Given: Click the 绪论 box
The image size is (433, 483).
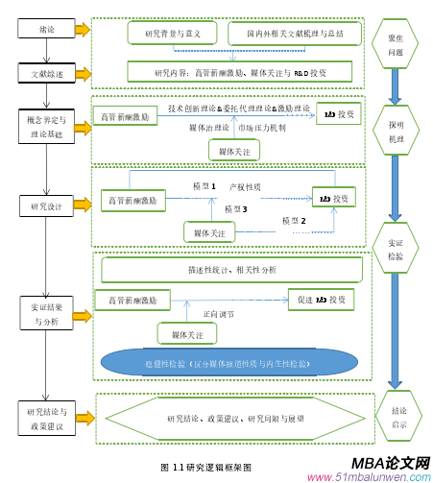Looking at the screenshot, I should point(46,30).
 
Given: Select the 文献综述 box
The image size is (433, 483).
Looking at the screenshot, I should point(46,72).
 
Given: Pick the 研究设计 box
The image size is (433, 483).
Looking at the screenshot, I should point(45,205).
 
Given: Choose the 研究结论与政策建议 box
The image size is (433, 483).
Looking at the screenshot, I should point(45,418).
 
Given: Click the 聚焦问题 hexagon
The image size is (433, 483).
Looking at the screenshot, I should point(395,44).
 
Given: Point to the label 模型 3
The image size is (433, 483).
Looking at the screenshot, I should point(235,208).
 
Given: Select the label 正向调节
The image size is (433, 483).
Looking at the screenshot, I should point(217,314).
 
